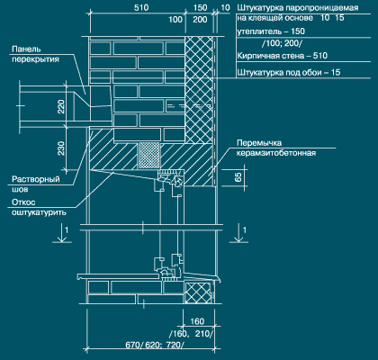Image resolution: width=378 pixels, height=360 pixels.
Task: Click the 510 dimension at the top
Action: click(141, 7)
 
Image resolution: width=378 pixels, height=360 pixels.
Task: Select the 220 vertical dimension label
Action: click(61, 107)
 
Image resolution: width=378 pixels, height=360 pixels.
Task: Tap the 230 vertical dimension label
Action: click(61, 148)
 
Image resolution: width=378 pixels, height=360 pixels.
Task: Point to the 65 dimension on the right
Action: click(238, 177)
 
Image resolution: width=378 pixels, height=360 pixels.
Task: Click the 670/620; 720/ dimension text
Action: click(155, 345)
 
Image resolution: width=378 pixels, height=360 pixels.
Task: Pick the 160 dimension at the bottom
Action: click(197, 321)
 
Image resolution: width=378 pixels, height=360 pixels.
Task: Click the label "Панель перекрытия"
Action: click(35, 54)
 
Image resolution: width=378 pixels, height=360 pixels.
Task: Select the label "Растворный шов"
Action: click(36, 184)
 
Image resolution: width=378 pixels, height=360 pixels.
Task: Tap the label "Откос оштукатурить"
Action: click(39, 207)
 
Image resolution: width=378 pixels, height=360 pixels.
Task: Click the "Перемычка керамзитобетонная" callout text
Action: click(276, 148)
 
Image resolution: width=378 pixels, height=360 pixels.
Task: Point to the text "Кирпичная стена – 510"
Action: click(283, 56)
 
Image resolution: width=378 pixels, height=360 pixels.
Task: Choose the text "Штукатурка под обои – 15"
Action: click(289, 72)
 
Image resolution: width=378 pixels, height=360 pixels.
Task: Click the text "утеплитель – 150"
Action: click(271, 31)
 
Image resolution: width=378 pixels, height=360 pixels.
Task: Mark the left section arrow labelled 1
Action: click(62, 233)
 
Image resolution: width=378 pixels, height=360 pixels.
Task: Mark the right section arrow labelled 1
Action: click(238, 233)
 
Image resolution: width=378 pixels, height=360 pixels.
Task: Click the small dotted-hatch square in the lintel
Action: click(148, 156)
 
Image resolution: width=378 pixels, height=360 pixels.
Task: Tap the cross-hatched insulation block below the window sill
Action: click(199, 292)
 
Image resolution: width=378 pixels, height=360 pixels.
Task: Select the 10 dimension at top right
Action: click(225, 8)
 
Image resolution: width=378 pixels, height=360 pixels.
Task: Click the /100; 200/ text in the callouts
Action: click(282, 43)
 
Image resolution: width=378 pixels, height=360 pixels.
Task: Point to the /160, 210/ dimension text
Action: click(192, 334)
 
